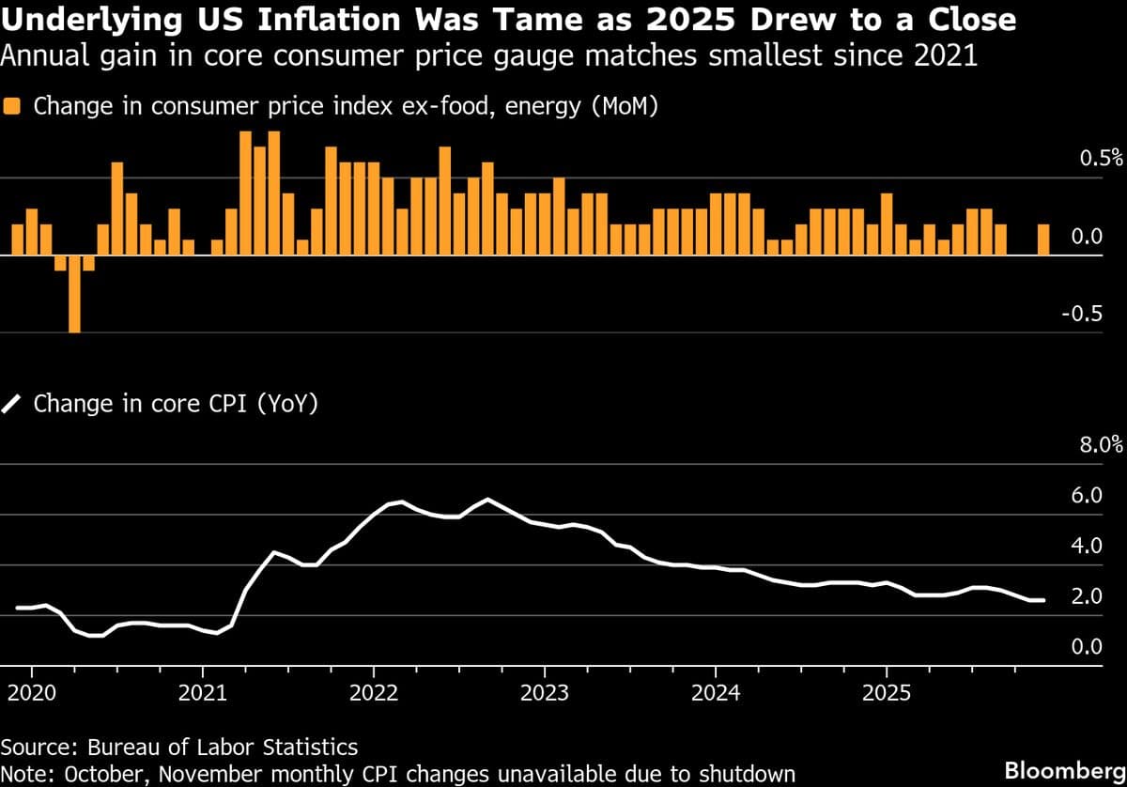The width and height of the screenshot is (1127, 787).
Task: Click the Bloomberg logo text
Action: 1063,769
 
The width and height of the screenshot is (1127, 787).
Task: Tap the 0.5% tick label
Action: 1100,158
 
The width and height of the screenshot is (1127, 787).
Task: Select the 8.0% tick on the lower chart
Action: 1100,444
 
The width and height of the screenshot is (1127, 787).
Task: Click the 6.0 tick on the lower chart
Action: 1088,495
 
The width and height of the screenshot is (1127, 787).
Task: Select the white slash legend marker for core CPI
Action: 12,405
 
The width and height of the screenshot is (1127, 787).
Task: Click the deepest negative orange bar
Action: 74,293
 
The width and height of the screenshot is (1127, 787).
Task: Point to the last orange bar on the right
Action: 1043,239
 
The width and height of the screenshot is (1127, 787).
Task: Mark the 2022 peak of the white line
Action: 487,499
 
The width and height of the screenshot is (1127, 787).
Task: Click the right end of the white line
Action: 1043,600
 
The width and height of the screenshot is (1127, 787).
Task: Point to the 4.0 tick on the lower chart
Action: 1088,546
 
